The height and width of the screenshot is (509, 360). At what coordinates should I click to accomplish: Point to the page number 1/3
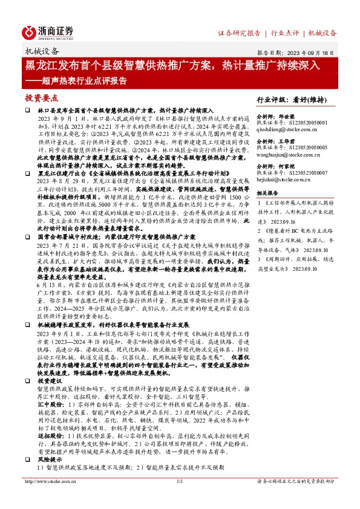tap(180, 498)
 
